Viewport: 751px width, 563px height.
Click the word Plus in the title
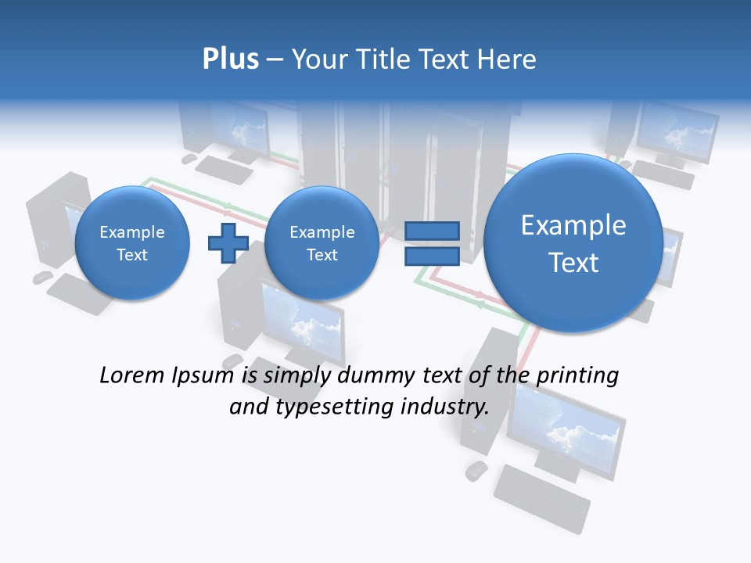tap(230, 59)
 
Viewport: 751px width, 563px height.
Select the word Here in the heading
tap(508, 59)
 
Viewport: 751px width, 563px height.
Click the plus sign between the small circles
tap(228, 243)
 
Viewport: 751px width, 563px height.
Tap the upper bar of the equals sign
tap(432, 231)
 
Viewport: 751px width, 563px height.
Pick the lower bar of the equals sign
tap(432, 256)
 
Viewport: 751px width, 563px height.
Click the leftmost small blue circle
tap(131, 243)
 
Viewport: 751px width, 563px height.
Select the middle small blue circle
tap(322, 243)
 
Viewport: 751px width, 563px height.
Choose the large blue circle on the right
tap(573, 243)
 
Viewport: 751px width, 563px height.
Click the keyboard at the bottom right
tap(541, 497)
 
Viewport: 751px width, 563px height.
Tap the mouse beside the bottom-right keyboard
tap(476, 470)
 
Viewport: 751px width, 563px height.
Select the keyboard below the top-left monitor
tap(224, 168)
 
